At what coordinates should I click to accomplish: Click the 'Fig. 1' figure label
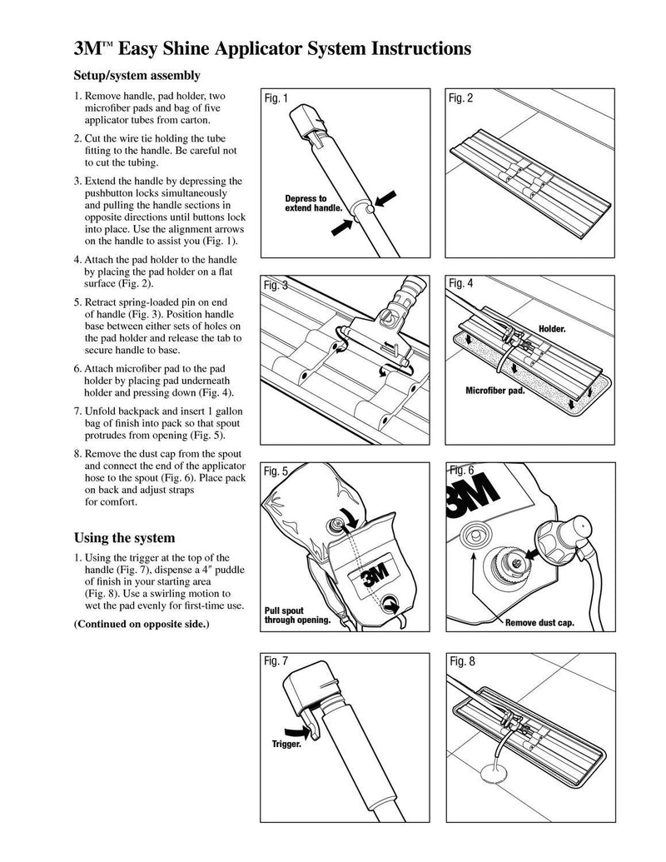[x=276, y=98]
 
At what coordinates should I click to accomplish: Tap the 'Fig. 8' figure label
[x=462, y=661]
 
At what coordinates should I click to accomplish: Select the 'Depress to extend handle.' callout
[x=313, y=203]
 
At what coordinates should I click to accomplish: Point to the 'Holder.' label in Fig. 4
[x=552, y=329]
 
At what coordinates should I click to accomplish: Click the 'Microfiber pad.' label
[x=495, y=391]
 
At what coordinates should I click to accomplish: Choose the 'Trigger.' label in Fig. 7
[x=286, y=745]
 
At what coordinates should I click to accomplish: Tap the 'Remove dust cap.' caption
[x=539, y=623]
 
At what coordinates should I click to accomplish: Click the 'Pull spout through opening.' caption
[x=297, y=615]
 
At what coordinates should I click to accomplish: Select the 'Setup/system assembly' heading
[x=137, y=75]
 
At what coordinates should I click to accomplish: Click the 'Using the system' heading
[x=124, y=538]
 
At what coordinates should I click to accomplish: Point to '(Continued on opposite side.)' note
[x=142, y=624]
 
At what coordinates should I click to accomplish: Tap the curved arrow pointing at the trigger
[x=297, y=731]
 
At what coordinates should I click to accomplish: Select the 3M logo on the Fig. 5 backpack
[x=376, y=575]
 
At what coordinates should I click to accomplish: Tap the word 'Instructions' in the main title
[x=421, y=48]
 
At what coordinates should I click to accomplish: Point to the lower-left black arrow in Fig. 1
[x=342, y=227]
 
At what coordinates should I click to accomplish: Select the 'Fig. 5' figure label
[x=276, y=471]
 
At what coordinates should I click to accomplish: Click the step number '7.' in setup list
[x=78, y=411]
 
